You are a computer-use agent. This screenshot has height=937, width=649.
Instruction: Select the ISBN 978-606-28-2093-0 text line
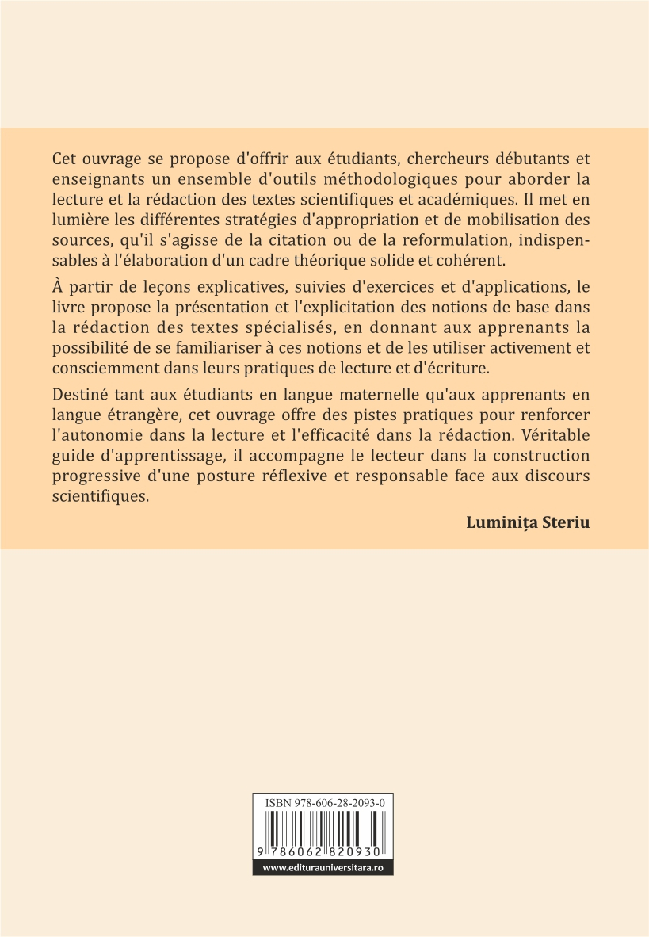323,803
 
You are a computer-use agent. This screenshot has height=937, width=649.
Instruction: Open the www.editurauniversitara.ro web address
323,868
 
